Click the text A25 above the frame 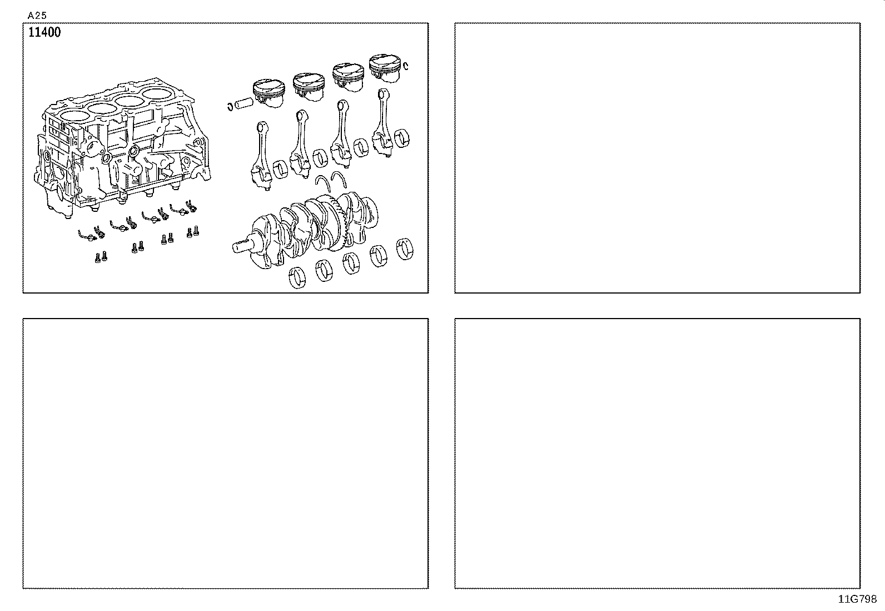[37, 16]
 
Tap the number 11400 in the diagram [44, 32]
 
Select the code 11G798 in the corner [857, 599]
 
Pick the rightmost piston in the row [385, 68]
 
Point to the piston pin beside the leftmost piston [244, 103]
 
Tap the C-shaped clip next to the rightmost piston [405, 66]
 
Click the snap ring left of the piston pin [230, 106]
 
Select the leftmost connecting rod [261, 156]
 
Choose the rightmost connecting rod [382, 123]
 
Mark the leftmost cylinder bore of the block [74, 117]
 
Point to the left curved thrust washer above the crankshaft [323, 183]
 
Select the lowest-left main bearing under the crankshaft [297, 277]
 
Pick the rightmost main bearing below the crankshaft [405, 249]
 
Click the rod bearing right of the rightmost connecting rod [402, 138]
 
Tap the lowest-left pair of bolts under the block [101, 257]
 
